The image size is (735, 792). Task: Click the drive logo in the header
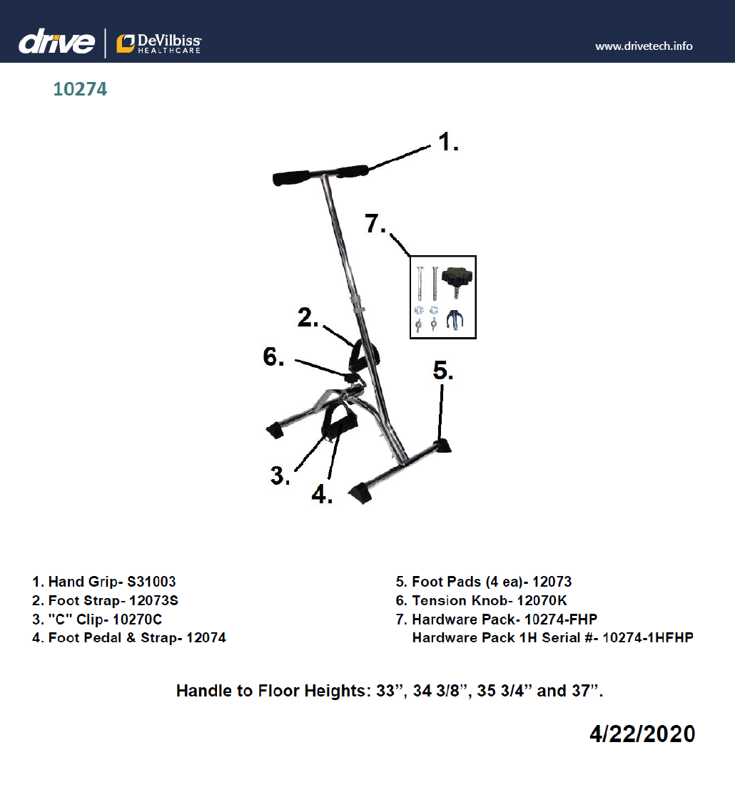(56, 43)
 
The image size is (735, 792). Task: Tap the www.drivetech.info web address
(644, 46)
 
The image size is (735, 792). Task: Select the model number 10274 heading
(80, 90)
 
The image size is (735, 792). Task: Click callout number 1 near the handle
(447, 143)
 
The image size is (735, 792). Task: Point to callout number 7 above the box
(375, 225)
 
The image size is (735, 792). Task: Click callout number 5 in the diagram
(443, 371)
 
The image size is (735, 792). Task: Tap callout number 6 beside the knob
(273, 357)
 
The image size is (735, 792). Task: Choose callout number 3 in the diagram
(280, 475)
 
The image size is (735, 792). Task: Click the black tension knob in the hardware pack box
(458, 278)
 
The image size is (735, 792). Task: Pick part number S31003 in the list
(151, 582)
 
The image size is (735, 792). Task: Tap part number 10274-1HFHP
(647, 637)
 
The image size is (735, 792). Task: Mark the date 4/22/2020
(642, 734)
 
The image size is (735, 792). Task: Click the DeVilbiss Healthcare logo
(159, 43)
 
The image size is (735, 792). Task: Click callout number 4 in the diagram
(322, 494)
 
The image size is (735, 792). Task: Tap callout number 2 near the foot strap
(308, 319)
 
